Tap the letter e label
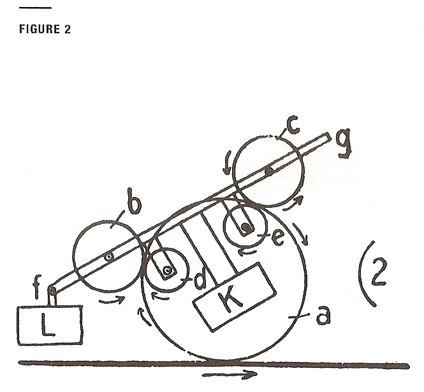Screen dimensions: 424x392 277,238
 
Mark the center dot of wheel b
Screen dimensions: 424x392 110,256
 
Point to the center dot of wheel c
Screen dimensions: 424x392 269,171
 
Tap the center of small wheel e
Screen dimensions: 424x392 244,226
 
